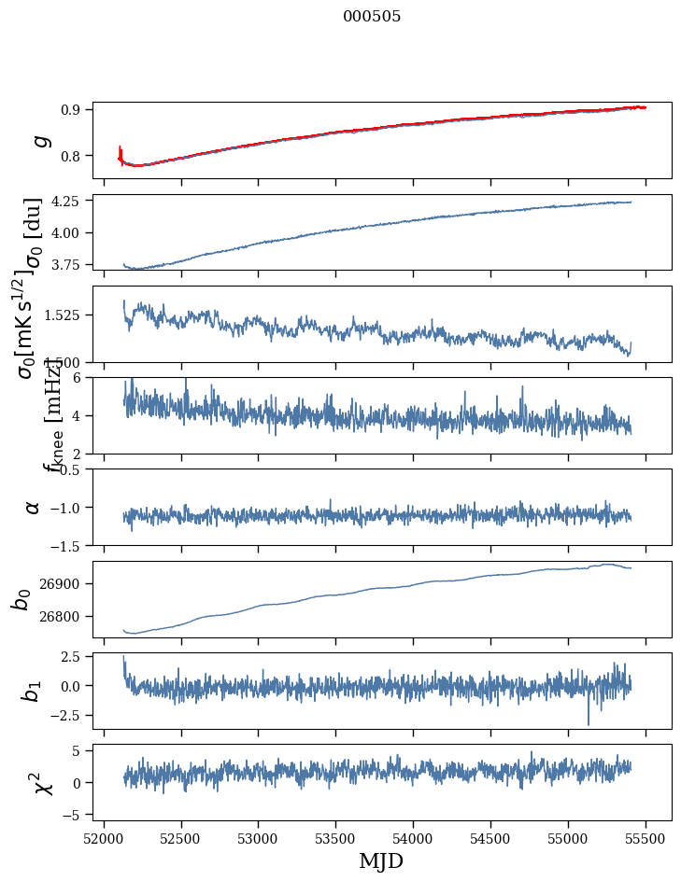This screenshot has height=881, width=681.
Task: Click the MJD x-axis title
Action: (x=381, y=860)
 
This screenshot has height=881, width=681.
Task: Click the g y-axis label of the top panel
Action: (x=39, y=141)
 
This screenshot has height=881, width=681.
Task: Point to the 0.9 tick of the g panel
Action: (x=75, y=109)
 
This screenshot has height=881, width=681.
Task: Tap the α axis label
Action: (x=33, y=507)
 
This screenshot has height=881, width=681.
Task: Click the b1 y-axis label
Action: (x=33, y=691)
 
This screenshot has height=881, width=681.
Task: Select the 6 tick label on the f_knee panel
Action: (x=79, y=376)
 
